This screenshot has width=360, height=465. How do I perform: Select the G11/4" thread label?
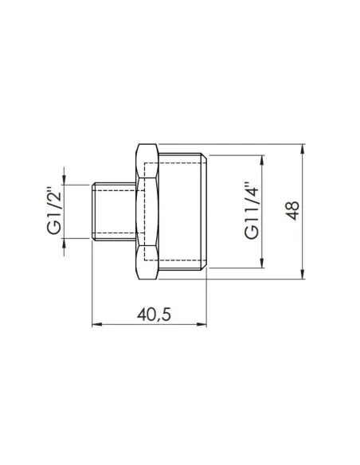coord(251,211)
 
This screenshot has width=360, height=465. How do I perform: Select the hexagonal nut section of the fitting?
coord(147,212)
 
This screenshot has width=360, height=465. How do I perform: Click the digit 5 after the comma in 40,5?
coord(166,314)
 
